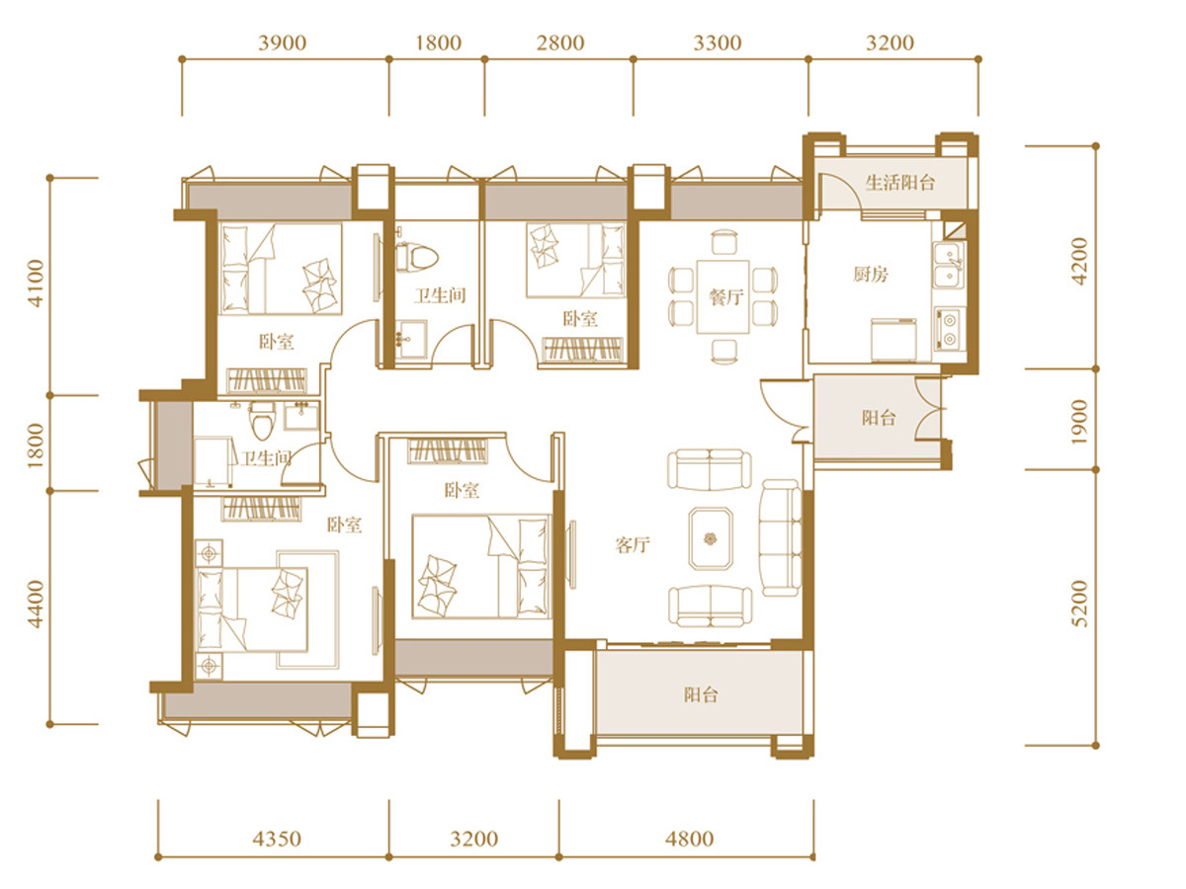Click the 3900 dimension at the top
282,43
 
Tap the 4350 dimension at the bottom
277,839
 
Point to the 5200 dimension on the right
1079,604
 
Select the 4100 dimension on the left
36,283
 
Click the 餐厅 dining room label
726,297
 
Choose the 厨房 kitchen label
871,275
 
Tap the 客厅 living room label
633,544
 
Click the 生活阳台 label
899,183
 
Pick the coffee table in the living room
711,538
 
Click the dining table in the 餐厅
722,297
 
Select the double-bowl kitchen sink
949,266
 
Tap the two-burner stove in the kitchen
949,329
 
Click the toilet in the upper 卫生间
416,258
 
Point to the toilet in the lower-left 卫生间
263,421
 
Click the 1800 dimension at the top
438,43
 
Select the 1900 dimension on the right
1079,422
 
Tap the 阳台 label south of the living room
702,694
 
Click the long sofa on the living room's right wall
780,537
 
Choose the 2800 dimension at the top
560,43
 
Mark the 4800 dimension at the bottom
690,839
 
